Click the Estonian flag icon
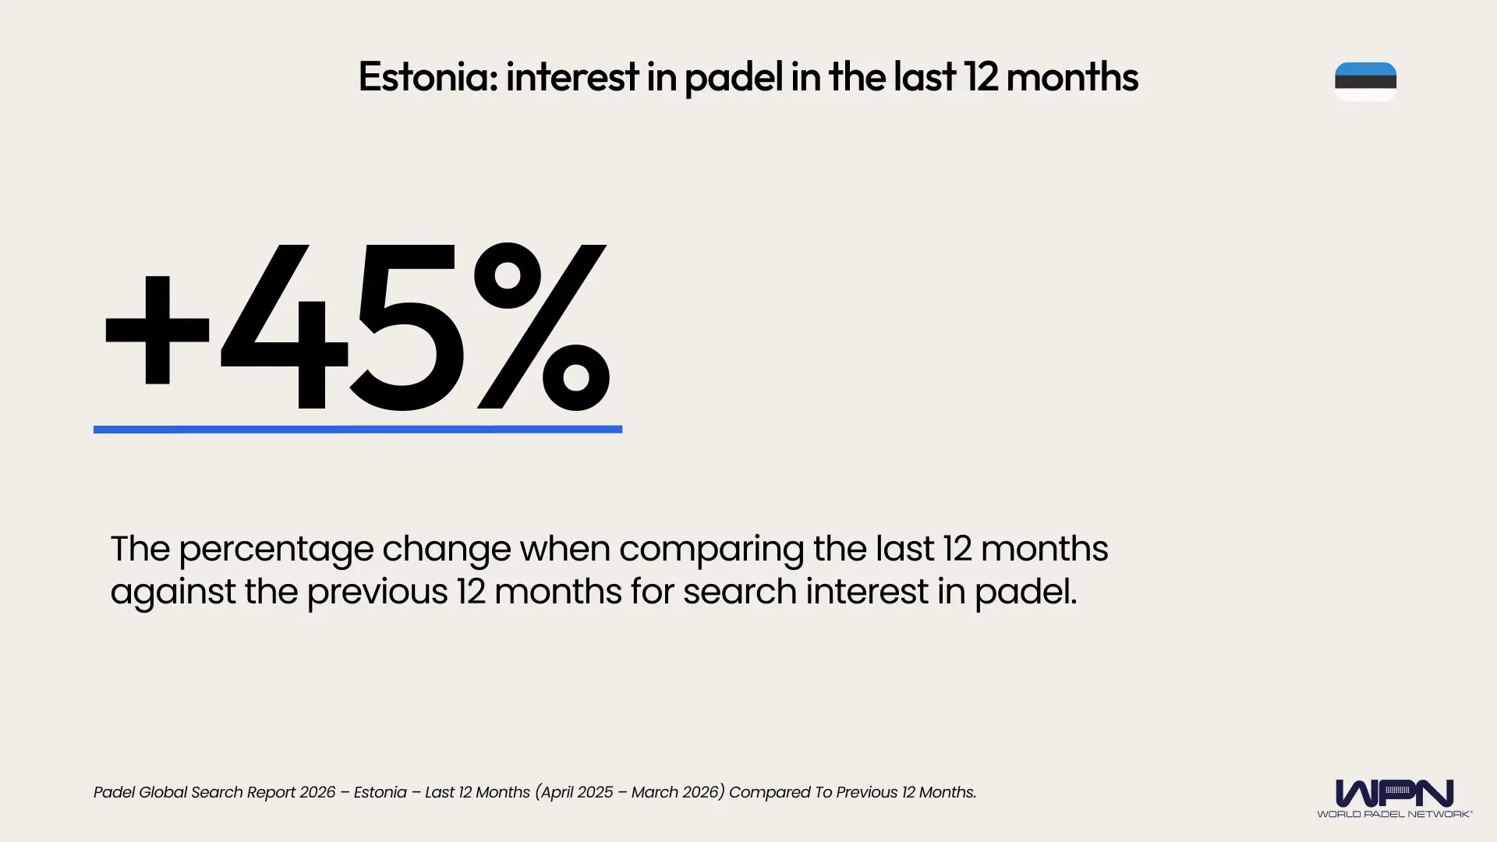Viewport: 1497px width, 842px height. (1365, 81)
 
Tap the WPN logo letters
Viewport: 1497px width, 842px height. (1394, 794)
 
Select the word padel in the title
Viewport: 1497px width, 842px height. (733, 77)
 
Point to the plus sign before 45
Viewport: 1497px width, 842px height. (157, 330)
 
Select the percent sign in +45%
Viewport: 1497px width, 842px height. (542, 327)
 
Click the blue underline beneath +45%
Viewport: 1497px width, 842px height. (357, 429)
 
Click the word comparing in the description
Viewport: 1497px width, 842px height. (711, 549)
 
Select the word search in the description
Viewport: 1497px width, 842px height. (739, 592)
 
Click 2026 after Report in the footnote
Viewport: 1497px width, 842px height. (317, 792)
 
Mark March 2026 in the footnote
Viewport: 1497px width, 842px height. (674, 792)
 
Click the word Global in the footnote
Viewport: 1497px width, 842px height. (165, 792)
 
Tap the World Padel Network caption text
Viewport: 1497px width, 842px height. (1394, 814)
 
